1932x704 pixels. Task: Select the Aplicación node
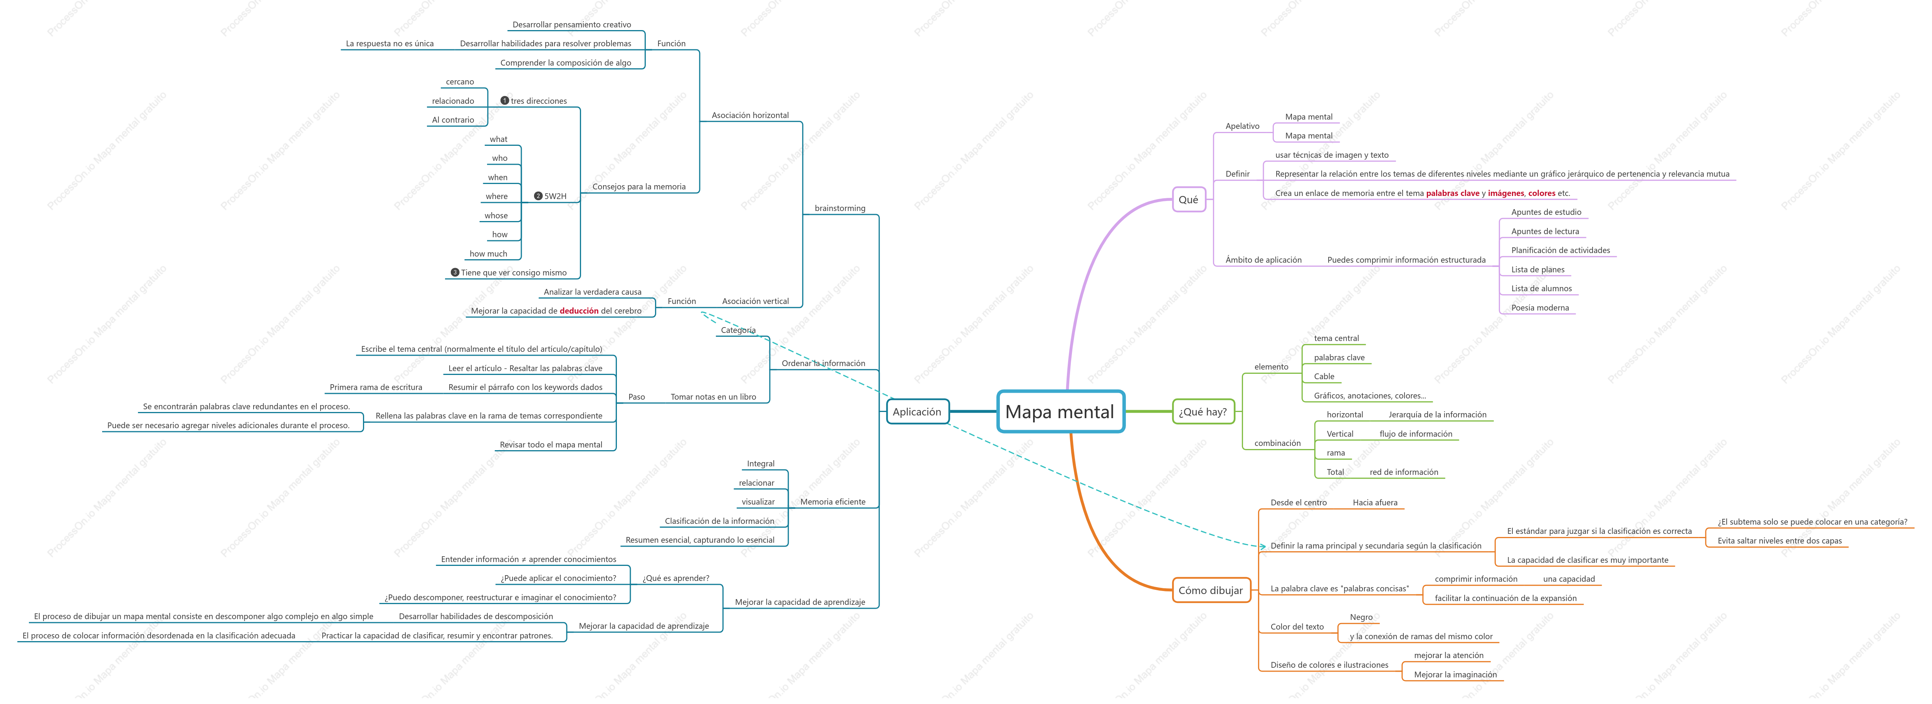pos(917,411)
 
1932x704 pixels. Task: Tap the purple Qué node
pos(1189,200)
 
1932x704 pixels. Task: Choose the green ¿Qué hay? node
pos(1203,411)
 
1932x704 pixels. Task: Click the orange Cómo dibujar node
pos(1211,590)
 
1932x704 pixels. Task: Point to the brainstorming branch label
pos(840,208)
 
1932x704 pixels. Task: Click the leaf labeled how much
pos(488,254)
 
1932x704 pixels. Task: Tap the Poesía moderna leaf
pos(1540,308)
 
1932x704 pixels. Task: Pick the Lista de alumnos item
pos(1541,288)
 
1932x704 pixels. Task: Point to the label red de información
pos(1403,472)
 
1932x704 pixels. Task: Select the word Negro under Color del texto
pos(1361,617)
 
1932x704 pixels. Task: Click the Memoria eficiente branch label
pos(833,501)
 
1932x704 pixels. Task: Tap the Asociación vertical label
pos(755,301)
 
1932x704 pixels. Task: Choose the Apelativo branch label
pos(1242,126)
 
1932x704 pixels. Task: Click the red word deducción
pos(579,311)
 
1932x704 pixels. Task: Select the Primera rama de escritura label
pos(376,387)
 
